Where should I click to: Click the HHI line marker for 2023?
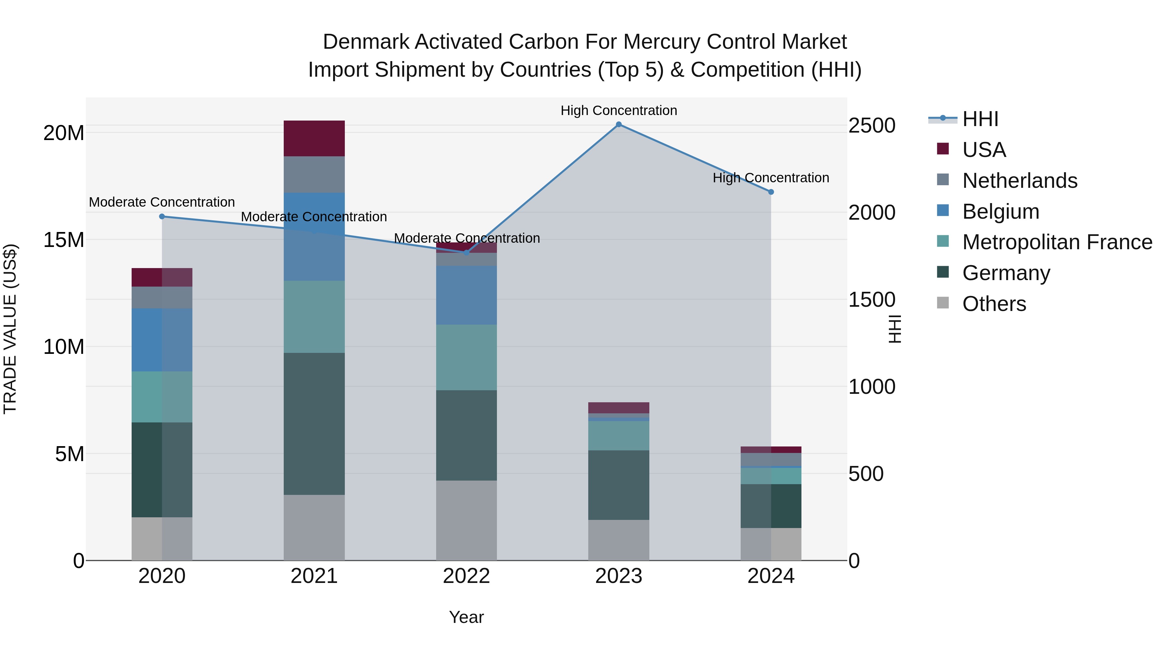click(618, 124)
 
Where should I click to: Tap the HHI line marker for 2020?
click(162, 217)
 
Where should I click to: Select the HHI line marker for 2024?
click(771, 192)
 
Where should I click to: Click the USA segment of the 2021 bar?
click(314, 138)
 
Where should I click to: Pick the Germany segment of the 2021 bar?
click(314, 424)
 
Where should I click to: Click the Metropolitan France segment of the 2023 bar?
click(618, 435)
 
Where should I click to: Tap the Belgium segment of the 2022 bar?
click(466, 295)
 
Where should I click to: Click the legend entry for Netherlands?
click(1020, 181)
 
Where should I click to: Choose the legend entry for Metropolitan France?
click(1057, 242)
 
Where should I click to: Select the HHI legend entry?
click(980, 119)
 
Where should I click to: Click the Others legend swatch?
click(943, 303)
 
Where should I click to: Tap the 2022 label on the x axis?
click(466, 576)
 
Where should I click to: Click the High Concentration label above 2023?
click(618, 110)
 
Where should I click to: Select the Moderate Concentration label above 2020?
click(162, 202)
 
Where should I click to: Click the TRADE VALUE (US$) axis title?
click(10, 329)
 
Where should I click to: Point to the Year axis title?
click(466, 617)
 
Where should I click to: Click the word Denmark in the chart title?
click(366, 42)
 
